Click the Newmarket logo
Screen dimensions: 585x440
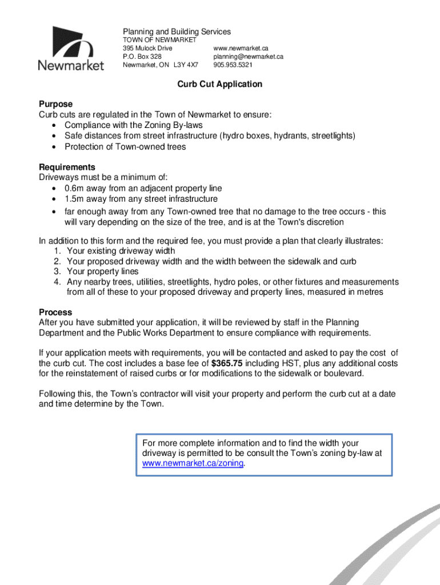tap(71, 49)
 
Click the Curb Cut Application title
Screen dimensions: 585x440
tap(219, 84)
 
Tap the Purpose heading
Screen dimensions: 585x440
tap(55, 104)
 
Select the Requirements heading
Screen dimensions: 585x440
tap(67, 167)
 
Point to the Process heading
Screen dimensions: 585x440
tap(55, 312)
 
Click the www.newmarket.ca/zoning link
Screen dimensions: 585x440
tap(193, 463)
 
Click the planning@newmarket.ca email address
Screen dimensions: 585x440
tap(248, 57)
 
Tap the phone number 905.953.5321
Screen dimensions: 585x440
tap(233, 65)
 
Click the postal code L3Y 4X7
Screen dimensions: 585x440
tap(194, 65)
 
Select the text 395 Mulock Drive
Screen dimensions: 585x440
tap(147, 49)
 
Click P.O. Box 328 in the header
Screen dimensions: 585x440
tap(142, 57)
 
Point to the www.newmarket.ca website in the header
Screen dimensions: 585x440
tap(241, 49)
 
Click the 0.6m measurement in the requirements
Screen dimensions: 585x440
tap(74, 188)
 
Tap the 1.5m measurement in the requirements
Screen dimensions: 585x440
tap(74, 199)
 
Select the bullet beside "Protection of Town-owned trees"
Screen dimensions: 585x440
tap(54, 147)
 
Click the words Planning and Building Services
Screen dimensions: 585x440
tap(177, 31)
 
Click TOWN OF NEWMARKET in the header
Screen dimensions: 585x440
tap(159, 41)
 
